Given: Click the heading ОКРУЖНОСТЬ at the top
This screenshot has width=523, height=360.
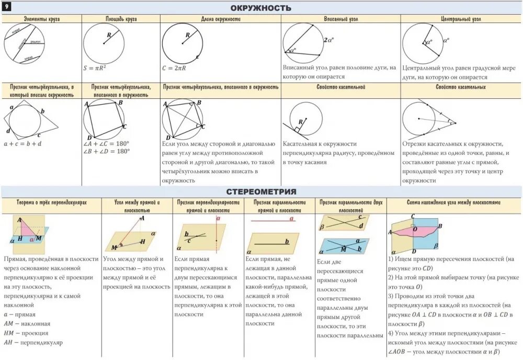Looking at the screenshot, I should click(261, 8).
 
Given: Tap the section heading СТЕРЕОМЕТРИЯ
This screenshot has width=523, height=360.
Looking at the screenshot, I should click(261, 192).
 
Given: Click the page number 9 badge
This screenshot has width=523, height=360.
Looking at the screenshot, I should click(7, 6).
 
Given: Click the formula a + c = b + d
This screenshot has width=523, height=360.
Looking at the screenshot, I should click(22, 143).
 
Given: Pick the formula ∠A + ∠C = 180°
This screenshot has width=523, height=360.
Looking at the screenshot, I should click(106, 143).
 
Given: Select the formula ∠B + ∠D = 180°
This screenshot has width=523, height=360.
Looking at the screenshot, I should click(106, 151).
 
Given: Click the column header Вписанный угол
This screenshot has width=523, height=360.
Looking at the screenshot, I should click(341, 19).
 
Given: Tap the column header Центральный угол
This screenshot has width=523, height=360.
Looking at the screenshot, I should click(461, 19).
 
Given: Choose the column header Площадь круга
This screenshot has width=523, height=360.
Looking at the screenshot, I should click(121, 19).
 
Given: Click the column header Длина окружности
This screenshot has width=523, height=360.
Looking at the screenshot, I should click(220, 19).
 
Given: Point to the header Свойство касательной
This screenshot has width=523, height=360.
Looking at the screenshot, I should click(341, 87).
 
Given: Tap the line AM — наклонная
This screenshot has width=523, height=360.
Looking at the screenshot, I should click(27, 323).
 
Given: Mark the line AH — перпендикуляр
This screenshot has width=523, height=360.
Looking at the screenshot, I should click(33, 342).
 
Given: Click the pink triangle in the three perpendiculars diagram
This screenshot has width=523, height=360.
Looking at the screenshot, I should click(27, 229).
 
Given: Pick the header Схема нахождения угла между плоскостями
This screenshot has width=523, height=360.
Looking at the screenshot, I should click(454, 201).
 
